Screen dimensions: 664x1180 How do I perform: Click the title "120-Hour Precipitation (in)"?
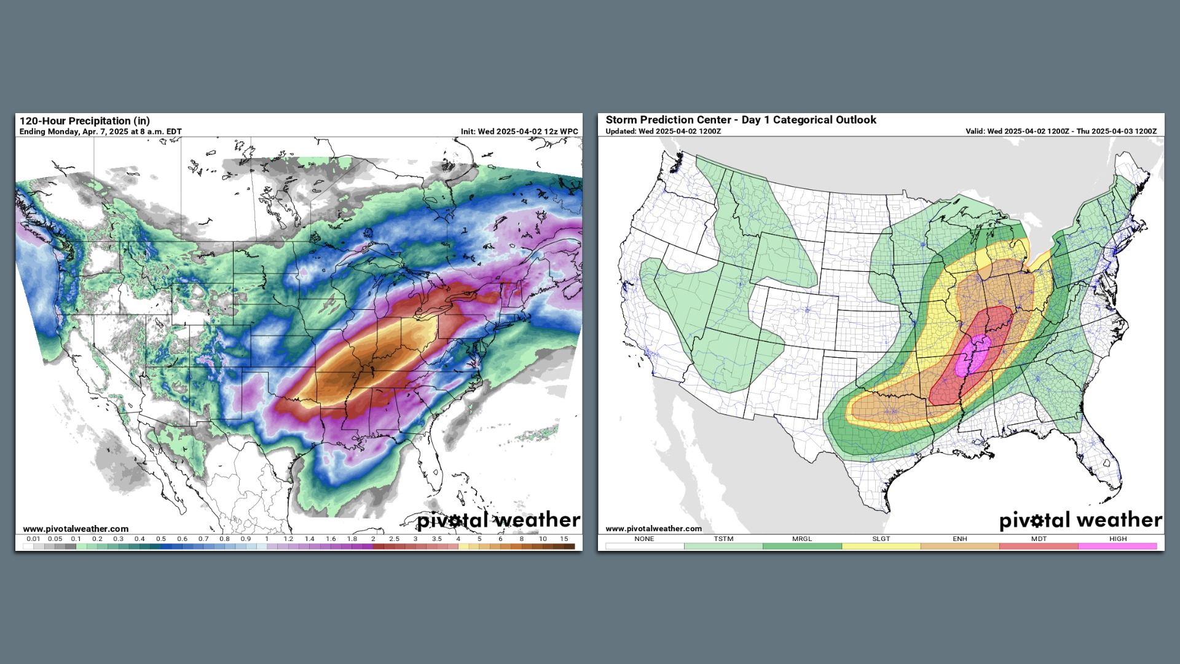click(x=85, y=121)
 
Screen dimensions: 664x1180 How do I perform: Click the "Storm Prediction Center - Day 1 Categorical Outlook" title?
click(x=741, y=120)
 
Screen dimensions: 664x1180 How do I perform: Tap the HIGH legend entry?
click(x=1118, y=539)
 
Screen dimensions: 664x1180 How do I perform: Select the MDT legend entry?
click(x=1039, y=539)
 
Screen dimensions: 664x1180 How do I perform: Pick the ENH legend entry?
click(x=960, y=539)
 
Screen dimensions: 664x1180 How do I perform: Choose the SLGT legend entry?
click(x=881, y=539)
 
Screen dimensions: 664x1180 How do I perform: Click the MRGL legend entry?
click(x=802, y=539)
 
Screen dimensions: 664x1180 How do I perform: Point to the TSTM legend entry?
click(x=723, y=539)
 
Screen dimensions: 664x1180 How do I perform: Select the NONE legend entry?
click(x=644, y=539)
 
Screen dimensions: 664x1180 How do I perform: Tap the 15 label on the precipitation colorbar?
click(x=564, y=539)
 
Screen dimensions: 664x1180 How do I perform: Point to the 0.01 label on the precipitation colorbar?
click(x=33, y=539)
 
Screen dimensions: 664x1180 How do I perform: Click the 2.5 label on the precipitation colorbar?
click(x=394, y=539)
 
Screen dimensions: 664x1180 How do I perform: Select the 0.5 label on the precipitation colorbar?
click(x=161, y=539)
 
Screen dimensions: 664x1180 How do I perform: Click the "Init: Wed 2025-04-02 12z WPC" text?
click(x=519, y=132)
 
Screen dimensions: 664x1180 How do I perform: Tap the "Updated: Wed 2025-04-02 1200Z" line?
click(x=663, y=132)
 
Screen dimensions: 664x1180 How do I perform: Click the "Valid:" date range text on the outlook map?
click(x=1061, y=132)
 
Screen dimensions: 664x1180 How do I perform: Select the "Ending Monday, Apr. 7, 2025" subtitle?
click(x=100, y=132)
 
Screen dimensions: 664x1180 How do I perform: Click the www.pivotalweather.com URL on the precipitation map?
click(x=76, y=529)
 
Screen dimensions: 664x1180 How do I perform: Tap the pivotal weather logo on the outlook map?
click(x=1080, y=521)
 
